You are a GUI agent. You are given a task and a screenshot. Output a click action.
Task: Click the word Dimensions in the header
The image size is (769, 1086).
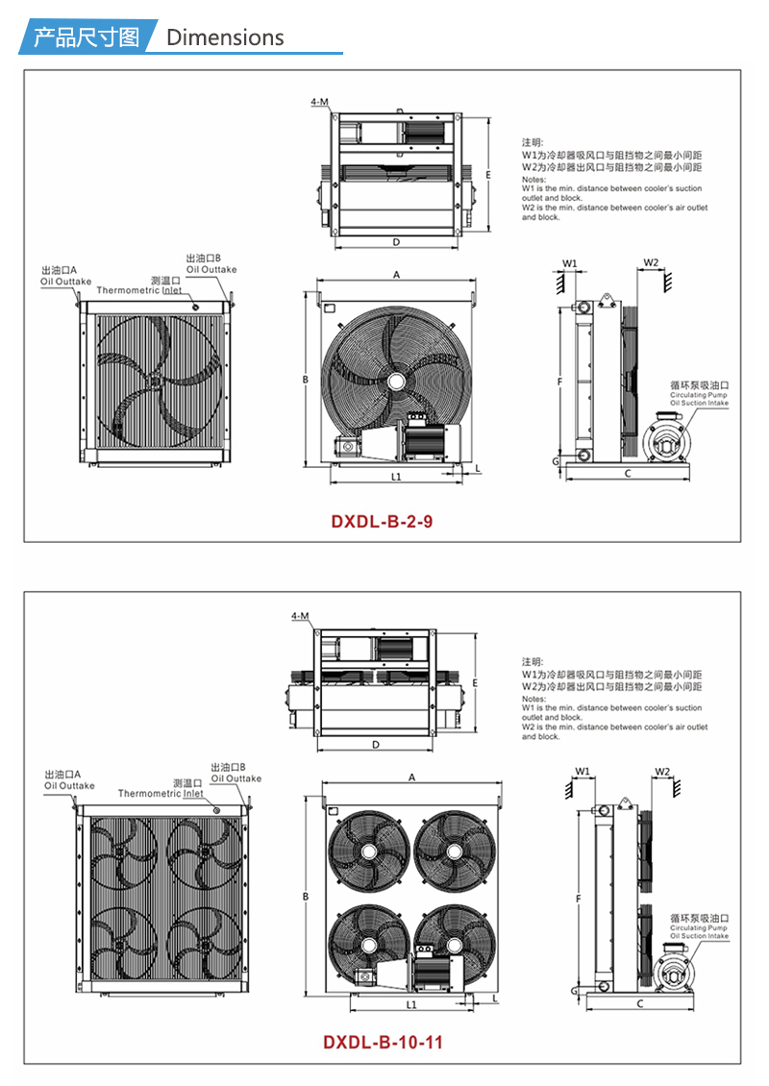click(225, 37)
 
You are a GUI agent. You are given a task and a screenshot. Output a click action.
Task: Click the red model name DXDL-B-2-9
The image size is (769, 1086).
click(382, 522)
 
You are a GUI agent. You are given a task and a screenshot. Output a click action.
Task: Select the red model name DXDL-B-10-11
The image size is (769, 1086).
click(383, 1043)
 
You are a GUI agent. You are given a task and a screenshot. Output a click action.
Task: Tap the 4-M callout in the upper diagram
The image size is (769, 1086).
click(319, 102)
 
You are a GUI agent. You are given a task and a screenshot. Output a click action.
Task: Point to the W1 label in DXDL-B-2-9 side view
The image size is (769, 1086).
click(569, 263)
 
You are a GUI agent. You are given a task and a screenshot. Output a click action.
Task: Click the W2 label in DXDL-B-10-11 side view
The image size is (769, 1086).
click(662, 772)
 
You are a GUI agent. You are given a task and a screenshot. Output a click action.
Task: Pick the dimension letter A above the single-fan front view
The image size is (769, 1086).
click(396, 275)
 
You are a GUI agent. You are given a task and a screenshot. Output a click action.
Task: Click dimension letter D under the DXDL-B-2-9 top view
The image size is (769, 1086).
click(396, 242)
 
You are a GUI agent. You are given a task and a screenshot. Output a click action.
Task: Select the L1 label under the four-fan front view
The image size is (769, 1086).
click(411, 1005)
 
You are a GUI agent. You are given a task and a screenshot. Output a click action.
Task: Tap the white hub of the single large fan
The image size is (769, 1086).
click(396, 381)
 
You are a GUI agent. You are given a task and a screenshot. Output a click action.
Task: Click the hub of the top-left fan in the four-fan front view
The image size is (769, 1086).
click(368, 851)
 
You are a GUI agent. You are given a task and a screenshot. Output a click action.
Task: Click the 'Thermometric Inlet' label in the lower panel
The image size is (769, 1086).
click(161, 794)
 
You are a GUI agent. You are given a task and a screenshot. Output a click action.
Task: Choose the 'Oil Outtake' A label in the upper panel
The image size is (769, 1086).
click(65, 282)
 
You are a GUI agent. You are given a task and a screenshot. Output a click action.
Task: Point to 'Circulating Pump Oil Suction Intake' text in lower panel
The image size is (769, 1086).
click(699, 931)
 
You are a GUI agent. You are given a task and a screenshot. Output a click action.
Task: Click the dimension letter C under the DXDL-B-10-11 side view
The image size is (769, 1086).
click(639, 1003)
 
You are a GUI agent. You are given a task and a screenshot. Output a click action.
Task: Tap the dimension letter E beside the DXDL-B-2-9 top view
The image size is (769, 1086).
click(487, 175)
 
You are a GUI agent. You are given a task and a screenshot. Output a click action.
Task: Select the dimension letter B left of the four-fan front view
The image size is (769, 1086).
click(306, 897)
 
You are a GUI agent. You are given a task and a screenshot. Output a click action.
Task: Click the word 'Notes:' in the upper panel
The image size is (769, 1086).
click(533, 180)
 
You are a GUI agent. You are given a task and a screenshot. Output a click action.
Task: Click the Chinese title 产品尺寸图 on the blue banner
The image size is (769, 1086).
click(87, 37)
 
